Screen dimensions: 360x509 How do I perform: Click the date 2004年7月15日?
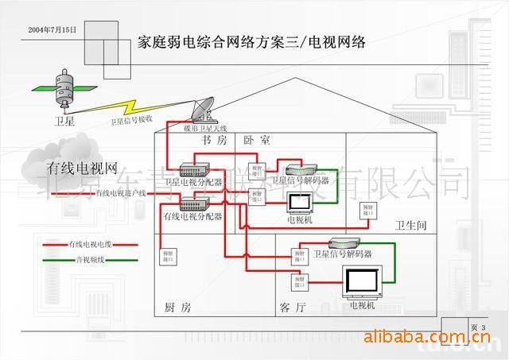[x=52, y=29]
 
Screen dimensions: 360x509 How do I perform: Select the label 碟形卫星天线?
[x=205, y=128]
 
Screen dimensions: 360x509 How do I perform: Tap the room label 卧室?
[x=256, y=141]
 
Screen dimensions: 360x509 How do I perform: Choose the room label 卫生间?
[x=411, y=226]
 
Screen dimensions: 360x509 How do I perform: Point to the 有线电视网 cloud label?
[x=82, y=168]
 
